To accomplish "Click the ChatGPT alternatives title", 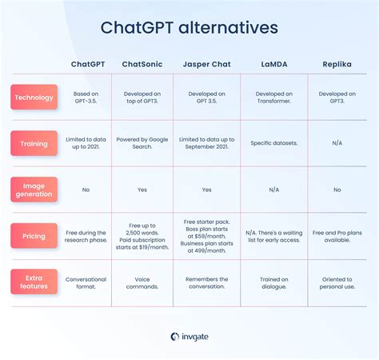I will click(x=189, y=28).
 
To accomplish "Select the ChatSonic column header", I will click(x=142, y=64).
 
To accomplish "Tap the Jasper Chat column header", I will click(x=206, y=64).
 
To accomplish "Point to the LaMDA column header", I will click(x=273, y=64).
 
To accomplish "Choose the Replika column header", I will click(x=337, y=64).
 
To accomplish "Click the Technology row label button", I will click(x=34, y=97).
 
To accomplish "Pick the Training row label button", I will click(x=34, y=143).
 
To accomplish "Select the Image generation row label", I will click(x=34, y=190).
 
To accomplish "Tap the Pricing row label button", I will click(x=34, y=235).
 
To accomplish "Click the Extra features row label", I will click(x=34, y=282).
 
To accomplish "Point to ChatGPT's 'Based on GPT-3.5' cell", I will click(x=86, y=97).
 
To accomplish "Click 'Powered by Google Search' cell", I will click(x=142, y=143).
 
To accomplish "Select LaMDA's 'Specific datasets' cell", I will click(x=273, y=143).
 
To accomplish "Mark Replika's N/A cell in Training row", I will click(x=337, y=143).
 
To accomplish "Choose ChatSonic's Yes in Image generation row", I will click(x=142, y=190).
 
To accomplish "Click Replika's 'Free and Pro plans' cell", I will click(x=337, y=235).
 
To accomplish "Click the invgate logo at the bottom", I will click(x=189, y=337).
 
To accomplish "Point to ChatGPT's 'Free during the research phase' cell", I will click(x=86, y=235).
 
